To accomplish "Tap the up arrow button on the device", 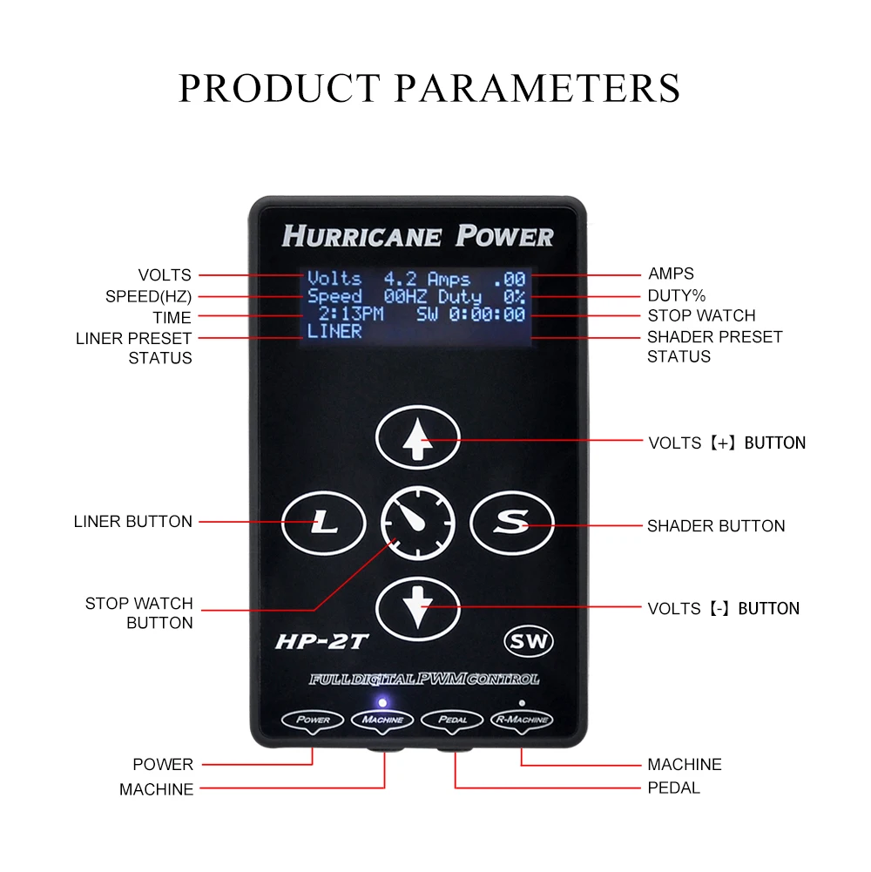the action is coord(418,437).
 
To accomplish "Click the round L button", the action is coord(324,523).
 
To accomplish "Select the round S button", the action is coord(512,523).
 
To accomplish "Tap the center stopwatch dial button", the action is coord(418,523).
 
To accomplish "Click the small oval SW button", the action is coord(529,641).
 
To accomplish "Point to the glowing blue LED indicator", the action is coord(382,703).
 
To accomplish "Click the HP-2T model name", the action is coord(321,642).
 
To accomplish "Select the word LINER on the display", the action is coord(334,331).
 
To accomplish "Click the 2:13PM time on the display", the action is coord(351,314).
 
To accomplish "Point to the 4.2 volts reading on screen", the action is coord(400,278).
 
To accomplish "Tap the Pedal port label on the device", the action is coord(452,720).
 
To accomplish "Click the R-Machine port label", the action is coord(522,720).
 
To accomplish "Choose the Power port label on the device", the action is coord(313,720).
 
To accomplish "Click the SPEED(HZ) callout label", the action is coord(148,296).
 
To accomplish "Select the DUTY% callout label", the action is coord(677,295).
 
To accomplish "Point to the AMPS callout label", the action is coord(671,274).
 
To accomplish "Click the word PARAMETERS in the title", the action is coord(537,88).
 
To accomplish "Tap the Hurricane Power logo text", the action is coord(418,236).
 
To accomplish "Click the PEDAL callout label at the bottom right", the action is coord(673,788).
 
